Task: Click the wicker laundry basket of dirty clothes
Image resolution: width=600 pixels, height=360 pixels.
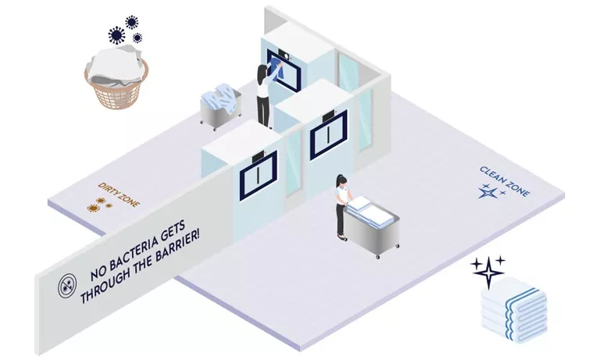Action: [116, 79]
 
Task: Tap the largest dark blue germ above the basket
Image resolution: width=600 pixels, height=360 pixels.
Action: [116, 34]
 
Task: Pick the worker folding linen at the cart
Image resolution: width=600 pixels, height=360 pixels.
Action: [341, 205]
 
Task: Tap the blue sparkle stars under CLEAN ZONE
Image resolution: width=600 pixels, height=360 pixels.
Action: [491, 191]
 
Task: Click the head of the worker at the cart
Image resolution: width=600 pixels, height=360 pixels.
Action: [339, 181]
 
